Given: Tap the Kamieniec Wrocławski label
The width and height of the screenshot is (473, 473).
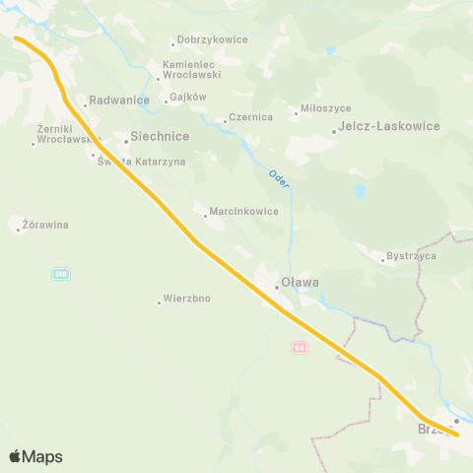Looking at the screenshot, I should pos(191,70).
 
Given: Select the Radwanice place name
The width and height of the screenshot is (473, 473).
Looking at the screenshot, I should pos(118,100).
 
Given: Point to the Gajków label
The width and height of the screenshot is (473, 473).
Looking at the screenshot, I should pos(187,98).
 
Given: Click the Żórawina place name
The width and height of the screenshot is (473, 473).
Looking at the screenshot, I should pos(45,225).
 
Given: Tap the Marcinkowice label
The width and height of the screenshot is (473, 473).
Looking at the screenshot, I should pos(244,211).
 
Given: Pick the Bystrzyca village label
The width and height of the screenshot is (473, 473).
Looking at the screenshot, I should pos(411,256).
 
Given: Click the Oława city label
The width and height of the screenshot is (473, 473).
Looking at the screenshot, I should pos(301,283).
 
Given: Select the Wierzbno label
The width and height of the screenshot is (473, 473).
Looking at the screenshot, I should pos(187,298).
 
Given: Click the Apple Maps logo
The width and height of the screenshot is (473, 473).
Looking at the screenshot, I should pos(36,456).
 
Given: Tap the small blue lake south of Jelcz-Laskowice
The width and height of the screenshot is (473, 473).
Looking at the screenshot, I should pos(360,189).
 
